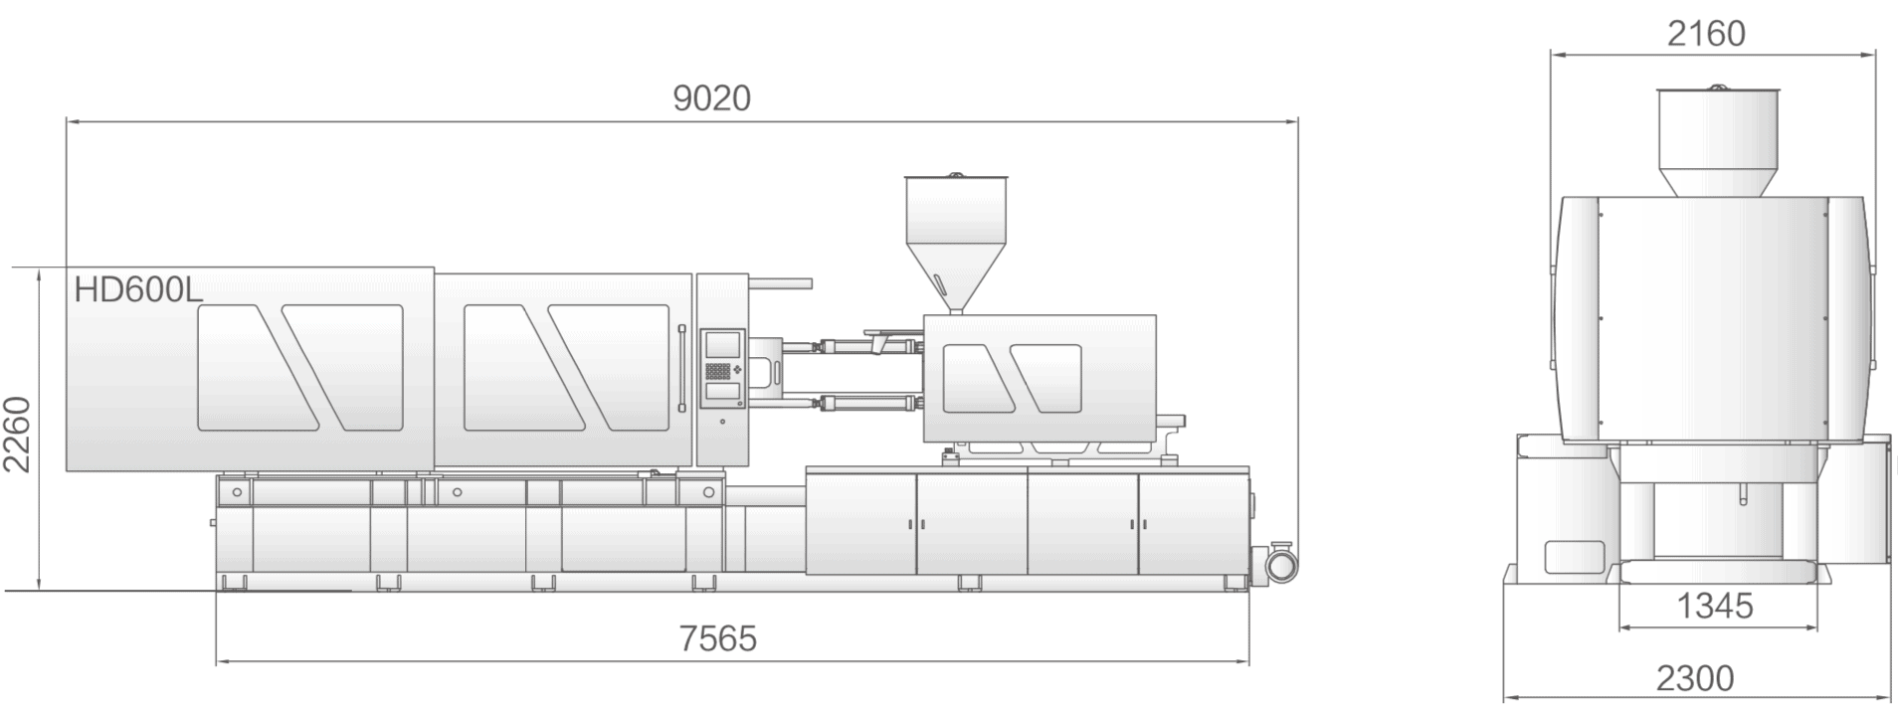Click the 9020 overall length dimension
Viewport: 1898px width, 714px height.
click(x=711, y=98)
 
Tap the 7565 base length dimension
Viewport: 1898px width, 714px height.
click(x=718, y=638)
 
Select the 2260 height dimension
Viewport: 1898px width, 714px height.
click(x=18, y=434)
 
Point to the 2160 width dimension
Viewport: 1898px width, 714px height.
click(x=1706, y=34)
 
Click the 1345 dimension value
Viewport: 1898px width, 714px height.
click(x=1715, y=606)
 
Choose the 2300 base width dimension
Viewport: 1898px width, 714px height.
click(x=1695, y=679)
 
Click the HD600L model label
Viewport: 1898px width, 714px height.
click(x=138, y=289)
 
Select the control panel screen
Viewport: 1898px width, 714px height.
click(x=722, y=345)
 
